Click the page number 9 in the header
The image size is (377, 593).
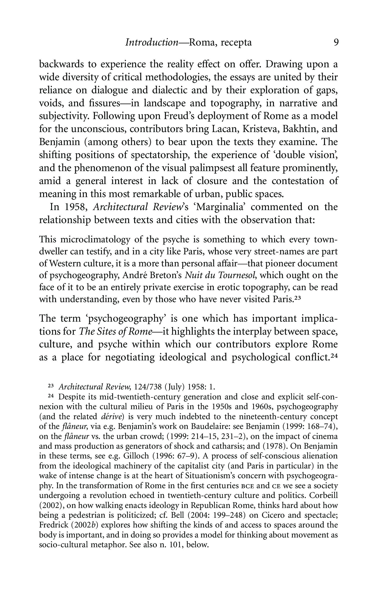(335, 43)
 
